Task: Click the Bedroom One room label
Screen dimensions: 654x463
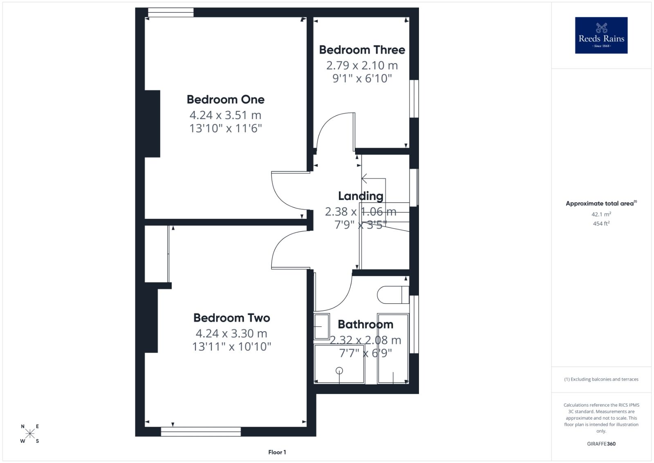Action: (x=226, y=100)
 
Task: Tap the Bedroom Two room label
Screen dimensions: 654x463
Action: (x=232, y=318)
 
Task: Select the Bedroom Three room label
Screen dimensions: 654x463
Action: (x=362, y=50)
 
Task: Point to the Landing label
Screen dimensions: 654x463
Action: (x=361, y=196)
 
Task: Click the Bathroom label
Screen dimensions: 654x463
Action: (x=365, y=324)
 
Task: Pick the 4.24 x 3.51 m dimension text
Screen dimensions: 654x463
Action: (x=225, y=115)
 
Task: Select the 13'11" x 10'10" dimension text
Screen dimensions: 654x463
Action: (x=232, y=347)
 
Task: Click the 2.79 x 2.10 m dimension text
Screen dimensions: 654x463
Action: (x=362, y=65)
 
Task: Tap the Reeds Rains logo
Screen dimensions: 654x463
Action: (x=601, y=35)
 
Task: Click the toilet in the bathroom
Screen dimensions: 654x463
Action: (x=393, y=295)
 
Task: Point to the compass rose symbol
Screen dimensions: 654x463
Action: (x=30, y=434)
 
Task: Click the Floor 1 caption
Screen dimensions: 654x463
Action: (x=277, y=452)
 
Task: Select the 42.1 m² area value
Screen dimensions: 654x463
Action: (x=601, y=214)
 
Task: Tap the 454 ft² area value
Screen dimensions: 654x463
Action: (x=601, y=223)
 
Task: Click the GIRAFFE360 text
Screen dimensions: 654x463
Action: (x=601, y=444)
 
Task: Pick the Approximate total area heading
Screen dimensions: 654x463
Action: (x=601, y=203)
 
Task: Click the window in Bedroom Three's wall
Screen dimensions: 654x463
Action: (x=414, y=99)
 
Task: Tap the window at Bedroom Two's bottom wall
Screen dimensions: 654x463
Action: (x=201, y=432)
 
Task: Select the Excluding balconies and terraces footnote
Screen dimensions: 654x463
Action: (x=601, y=379)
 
